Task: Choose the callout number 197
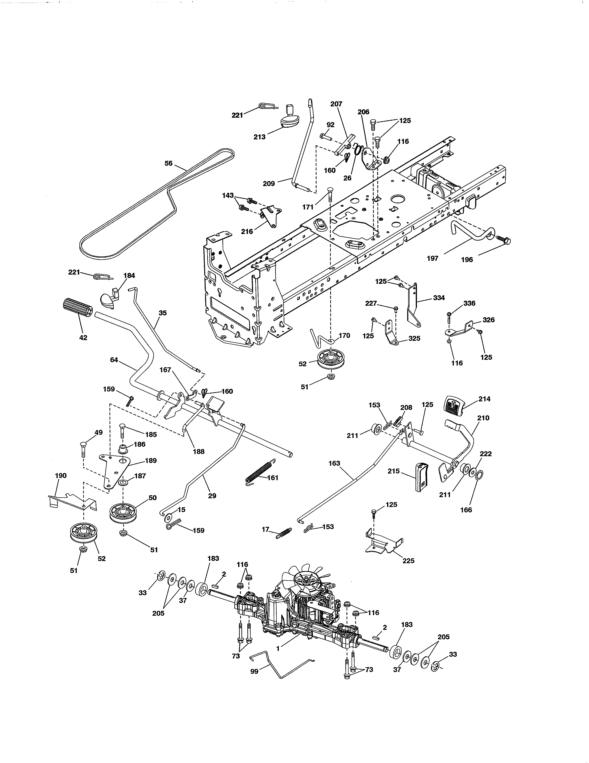[432, 258]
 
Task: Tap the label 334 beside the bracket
[439, 298]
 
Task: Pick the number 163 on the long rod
[334, 463]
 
